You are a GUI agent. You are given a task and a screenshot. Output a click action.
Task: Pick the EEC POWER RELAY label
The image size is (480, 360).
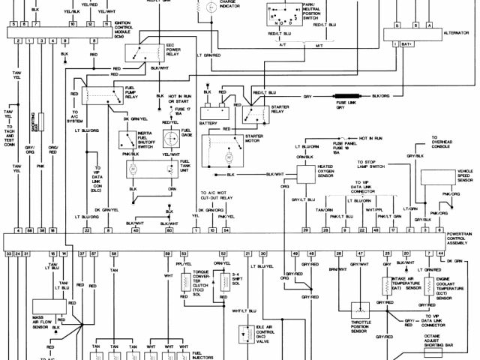click(x=175, y=50)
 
